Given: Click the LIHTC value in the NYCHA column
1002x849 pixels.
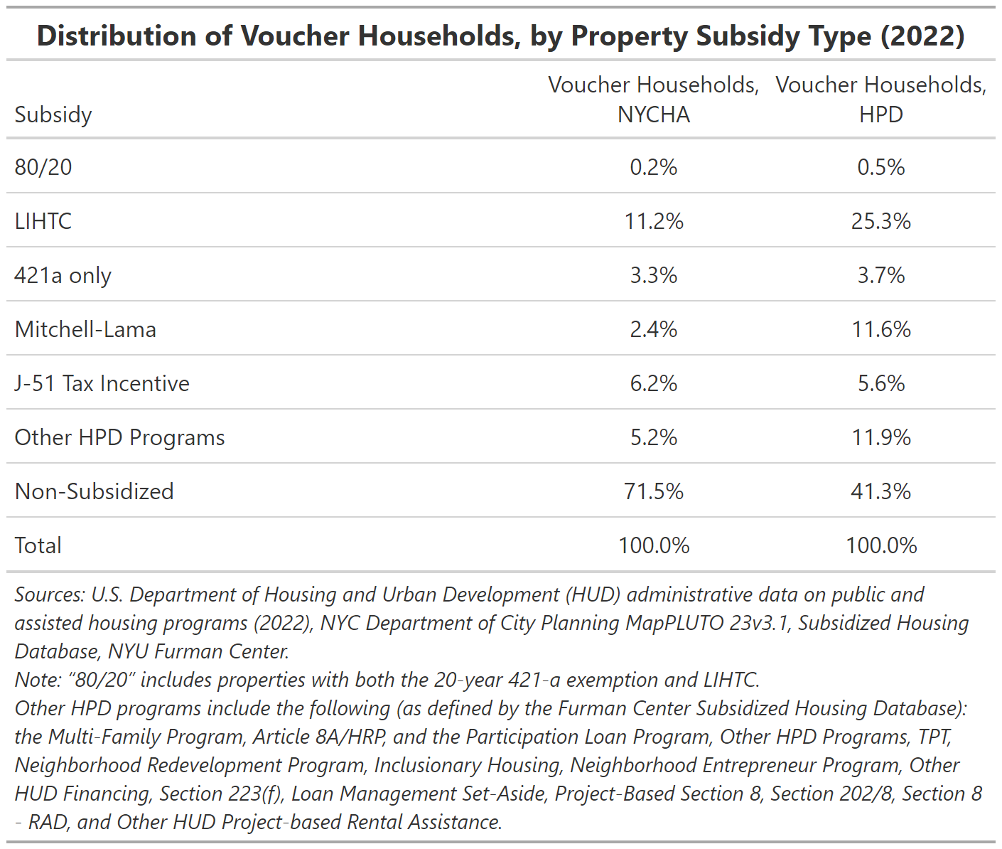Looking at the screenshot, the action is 654,221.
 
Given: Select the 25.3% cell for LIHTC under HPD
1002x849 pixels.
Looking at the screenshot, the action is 880,221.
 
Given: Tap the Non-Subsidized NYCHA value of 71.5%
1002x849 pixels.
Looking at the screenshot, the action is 654,491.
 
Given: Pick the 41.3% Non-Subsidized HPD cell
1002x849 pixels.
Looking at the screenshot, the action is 880,491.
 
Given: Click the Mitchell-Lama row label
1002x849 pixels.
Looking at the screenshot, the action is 85,329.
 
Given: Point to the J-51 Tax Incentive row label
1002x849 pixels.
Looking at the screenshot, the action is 102,383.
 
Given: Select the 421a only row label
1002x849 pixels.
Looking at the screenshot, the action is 63,276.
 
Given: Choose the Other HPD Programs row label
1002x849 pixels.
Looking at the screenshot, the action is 119,437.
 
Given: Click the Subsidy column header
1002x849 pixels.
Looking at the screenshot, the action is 53,115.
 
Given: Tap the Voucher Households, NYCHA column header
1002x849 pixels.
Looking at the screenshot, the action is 654,100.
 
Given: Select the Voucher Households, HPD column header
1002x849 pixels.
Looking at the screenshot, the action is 880,100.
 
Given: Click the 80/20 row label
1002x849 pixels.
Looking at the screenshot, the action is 43,167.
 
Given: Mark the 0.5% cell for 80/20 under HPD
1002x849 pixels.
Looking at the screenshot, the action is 880,167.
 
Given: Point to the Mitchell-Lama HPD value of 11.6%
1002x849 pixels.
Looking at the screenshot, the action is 880,329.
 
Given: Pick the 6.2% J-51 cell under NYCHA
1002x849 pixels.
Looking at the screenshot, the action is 654,383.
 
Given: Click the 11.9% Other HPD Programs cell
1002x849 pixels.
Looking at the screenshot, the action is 880,437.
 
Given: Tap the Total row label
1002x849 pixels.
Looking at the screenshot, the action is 38,545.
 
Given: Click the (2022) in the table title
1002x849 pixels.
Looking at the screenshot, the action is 922,36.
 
